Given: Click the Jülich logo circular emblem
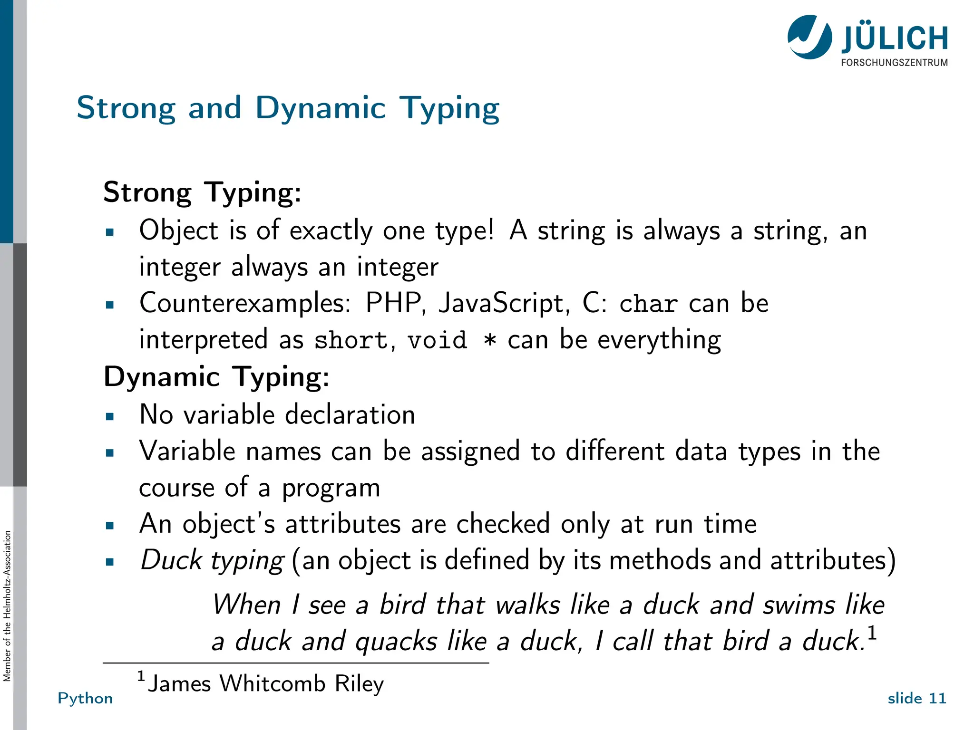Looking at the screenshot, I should (x=809, y=37).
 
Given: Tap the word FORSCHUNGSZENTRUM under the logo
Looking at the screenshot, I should (x=894, y=63).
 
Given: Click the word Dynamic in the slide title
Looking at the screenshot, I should (x=320, y=108).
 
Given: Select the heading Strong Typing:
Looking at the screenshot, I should (x=202, y=192).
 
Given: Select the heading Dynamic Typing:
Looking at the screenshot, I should (x=216, y=377).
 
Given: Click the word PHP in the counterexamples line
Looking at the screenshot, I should (x=393, y=303).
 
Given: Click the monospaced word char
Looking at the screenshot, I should (x=648, y=304).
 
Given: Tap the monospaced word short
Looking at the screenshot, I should (x=351, y=340).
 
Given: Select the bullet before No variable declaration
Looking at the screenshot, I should (x=110, y=417).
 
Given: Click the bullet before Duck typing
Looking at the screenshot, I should (x=110, y=562).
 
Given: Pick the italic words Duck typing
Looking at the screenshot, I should (x=212, y=560).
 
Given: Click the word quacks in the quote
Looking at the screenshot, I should (x=396, y=642).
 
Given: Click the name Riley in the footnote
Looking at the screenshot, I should (x=359, y=684).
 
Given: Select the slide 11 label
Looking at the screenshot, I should (x=916, y=698).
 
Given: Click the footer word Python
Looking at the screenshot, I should (x=85, y=698).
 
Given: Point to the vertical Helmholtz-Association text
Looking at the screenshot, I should (x=7, y=606).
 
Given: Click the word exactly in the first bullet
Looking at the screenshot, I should (x=331, y=231).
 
